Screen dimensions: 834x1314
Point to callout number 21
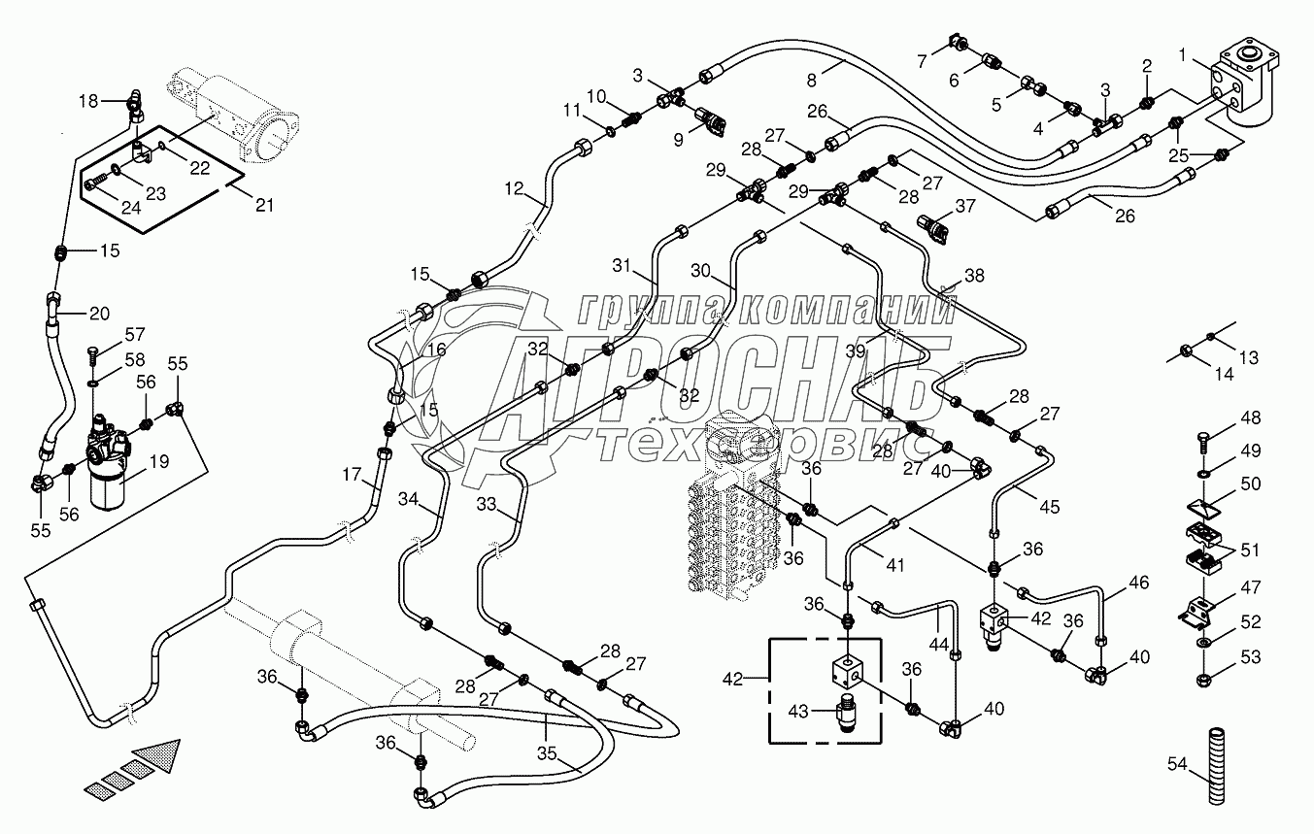tap(263, 205)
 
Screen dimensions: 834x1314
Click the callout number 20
tap(99, 313)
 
